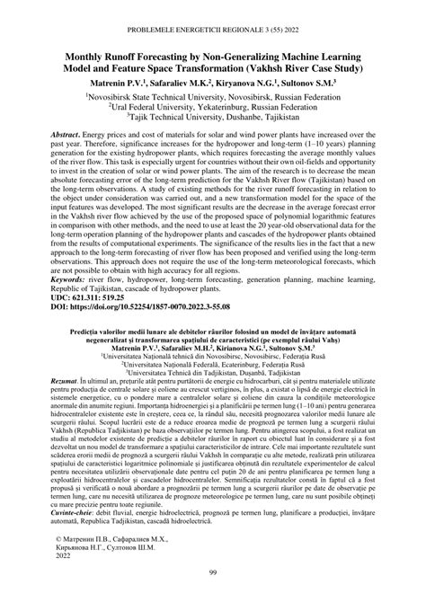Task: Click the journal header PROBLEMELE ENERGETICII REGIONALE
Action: coord(213,13)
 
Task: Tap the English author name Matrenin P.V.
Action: coord(111,82)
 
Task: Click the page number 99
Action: coord(213,574)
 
